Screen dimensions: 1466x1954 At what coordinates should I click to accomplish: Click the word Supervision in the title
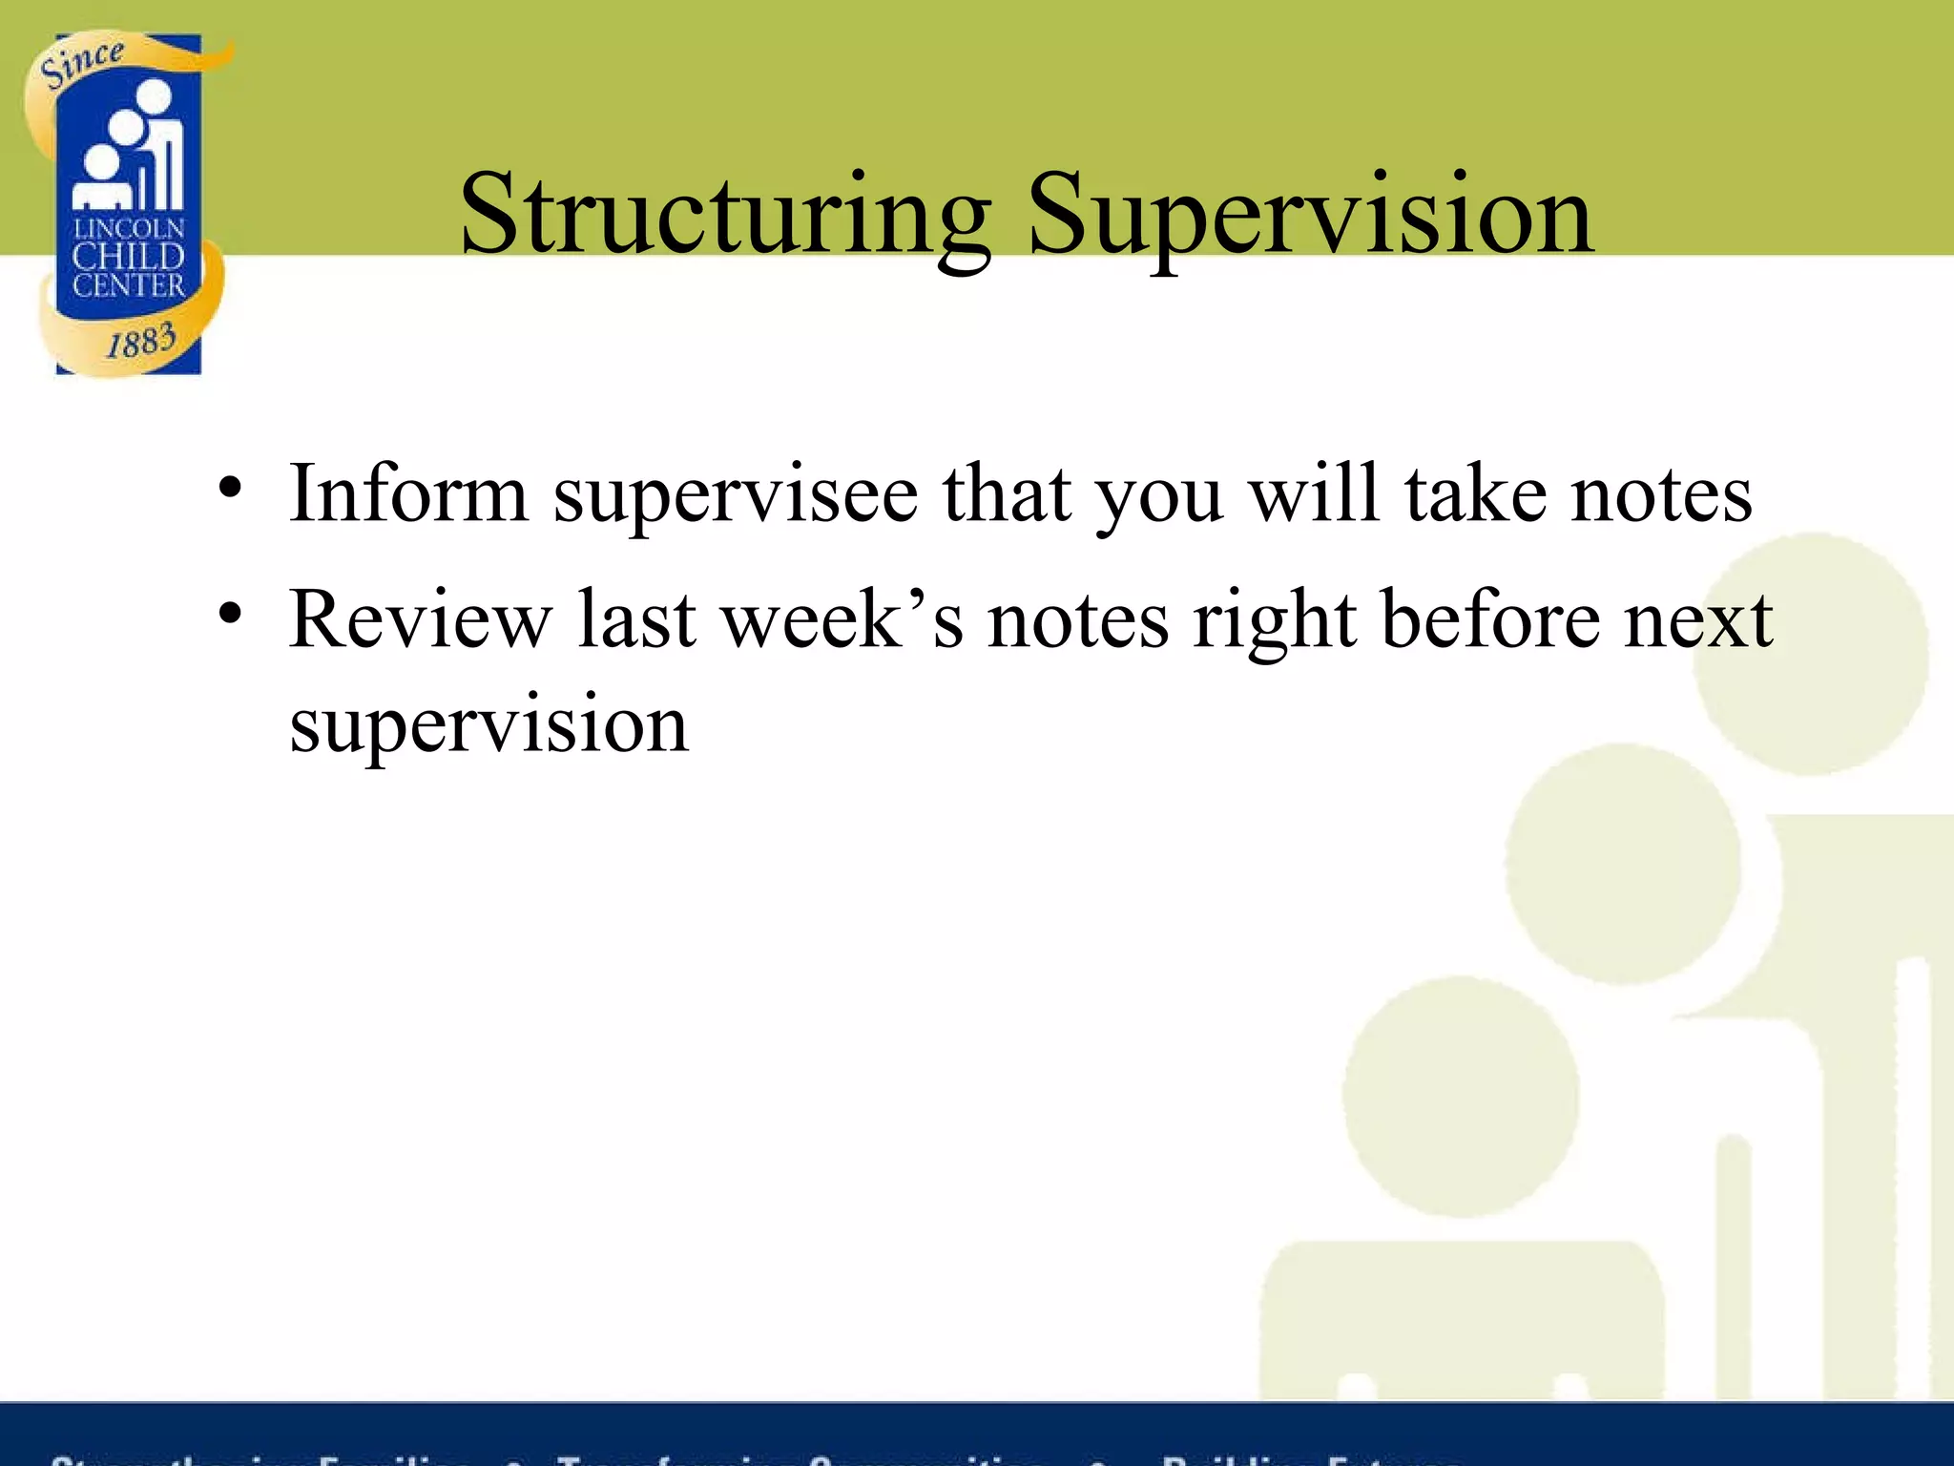pyautogui.click(x=1309, y=215)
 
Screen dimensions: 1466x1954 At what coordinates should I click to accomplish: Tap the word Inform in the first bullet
pyautogui.click(x=408, y=494)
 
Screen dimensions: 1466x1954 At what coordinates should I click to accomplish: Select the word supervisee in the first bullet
pyautogui.click(x=736, y=494)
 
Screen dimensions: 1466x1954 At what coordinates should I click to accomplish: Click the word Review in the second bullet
pyautogui.click(x=421, y=620)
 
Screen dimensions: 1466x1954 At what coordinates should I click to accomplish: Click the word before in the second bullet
pyautogui.click(x=1490, y=620)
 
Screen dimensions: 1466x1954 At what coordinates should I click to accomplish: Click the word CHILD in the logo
pyautogui.click(x=129, y=257)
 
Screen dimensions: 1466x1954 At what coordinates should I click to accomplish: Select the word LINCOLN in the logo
pyautogui.click(x=129, y=229)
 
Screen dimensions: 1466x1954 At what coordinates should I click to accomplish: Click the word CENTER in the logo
pyautogui.click(x=129, y=285)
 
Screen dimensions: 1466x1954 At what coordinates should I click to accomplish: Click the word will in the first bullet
pyautogui.click(x=1314, y=494)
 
